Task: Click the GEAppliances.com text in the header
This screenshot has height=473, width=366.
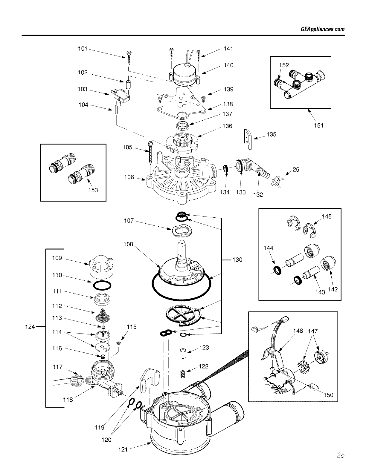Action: click(x=322, y=29)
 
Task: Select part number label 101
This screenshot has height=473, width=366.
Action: click(x=82, y=48)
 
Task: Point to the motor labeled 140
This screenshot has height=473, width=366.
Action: click(x=184, y=74)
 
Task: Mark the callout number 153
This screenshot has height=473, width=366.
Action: click(x=93, y=190)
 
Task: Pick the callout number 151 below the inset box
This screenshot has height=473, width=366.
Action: click(x=318, y=125)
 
